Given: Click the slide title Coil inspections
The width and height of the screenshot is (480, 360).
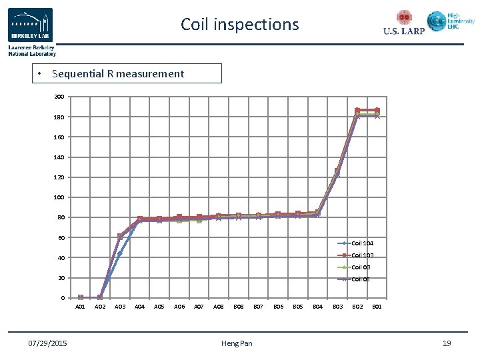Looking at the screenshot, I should [240, 25].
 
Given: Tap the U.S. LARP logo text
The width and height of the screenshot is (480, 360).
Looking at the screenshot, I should [404, 31].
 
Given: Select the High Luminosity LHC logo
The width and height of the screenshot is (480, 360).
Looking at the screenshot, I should [451, 22].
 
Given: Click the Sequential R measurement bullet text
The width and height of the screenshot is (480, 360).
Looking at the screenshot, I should [117, 74].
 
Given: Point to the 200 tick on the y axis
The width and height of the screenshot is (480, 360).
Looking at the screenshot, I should [59, 97].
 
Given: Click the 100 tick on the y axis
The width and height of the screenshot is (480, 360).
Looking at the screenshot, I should [59, 197].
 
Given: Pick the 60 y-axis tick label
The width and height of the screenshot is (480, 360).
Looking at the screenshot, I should [61, 237].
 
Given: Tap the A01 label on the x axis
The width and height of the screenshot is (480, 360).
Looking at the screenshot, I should [80, 307].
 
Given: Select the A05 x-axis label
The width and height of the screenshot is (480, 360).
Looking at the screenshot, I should [159, 307].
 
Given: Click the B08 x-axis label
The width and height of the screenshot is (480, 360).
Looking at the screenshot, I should [238, 307].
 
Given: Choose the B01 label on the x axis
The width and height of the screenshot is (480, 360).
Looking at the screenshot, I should [377, 307].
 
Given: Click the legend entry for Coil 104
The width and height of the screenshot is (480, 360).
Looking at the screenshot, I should [362, 243].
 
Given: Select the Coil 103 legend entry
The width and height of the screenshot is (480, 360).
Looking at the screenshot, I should [362, 255].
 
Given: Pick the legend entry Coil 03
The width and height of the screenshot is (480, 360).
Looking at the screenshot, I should [361, 267].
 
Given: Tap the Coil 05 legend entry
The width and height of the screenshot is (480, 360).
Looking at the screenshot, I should [361, 279].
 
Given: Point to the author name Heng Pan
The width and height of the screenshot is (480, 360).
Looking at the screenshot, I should [237, 343].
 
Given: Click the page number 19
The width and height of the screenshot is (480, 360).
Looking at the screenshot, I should [447, 343].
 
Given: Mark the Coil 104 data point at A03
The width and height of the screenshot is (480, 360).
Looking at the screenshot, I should [119, 253].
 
